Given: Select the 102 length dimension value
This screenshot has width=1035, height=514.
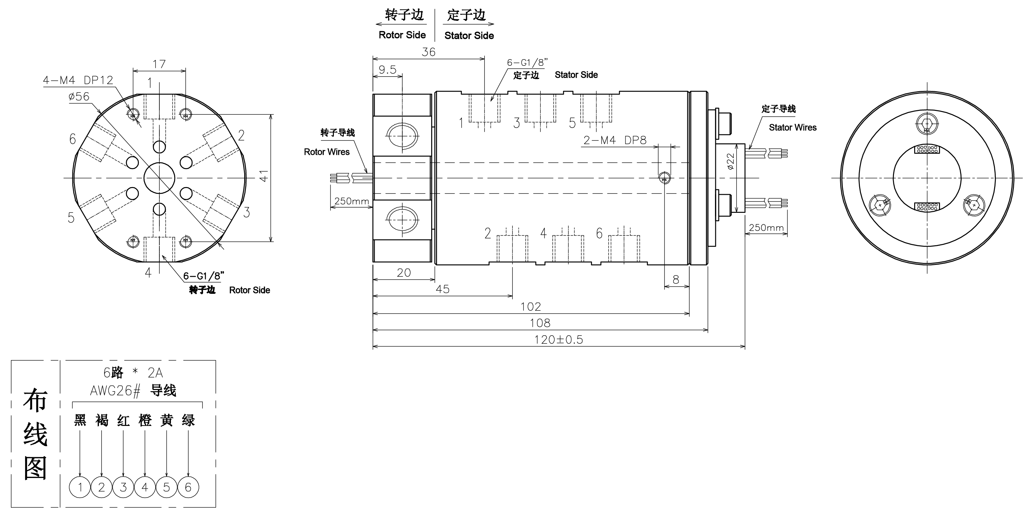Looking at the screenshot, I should (x=531, y=307).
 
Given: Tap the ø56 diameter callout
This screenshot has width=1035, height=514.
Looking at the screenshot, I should (x=79, y=96).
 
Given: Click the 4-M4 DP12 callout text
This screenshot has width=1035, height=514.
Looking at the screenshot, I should (x=78, y=80).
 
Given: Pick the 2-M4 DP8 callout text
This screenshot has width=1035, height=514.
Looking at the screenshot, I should (x=615, y=140).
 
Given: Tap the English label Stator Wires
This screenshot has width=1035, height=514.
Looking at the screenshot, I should (x=792, y=127).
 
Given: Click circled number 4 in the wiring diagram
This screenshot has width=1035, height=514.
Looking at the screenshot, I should (x=145, y=487).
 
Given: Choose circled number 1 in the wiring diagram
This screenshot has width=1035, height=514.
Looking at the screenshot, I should (x=80, y=487).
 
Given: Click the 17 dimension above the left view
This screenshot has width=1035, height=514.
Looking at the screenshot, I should (x=159, y=64).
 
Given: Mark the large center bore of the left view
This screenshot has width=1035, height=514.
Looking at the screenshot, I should (x=159, y=178).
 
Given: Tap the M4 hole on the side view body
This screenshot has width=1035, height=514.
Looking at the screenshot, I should (x=664, y=178).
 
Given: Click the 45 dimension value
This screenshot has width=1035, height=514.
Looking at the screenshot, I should (x=442, y=289).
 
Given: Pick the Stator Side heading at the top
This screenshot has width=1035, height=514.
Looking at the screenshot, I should (x=469, y=36).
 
